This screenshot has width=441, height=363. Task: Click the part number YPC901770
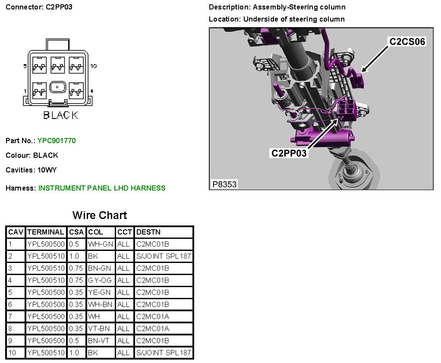[x=57, y=141]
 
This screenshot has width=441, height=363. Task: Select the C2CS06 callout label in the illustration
[x=407, y=41]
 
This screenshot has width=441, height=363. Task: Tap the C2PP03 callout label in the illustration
[x=289, y=153]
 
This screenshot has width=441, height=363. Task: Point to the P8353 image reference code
[x=224, y=184]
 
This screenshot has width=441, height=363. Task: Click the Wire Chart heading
[x=100, y=215]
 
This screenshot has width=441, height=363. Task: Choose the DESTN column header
[x=148, y=232]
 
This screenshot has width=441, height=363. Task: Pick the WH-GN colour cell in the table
[x=100, y=244]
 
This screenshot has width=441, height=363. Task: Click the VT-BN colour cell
[x=99, y=329]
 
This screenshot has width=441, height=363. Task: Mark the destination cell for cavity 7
[x=152, y=316]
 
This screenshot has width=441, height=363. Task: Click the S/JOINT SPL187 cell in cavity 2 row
[x=163, y=256]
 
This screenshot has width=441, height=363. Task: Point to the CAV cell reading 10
[x=12, y=353]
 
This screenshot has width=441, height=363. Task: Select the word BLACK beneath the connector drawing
[x=61, y=115]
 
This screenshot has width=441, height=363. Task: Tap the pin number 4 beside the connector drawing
[x=92, y=91]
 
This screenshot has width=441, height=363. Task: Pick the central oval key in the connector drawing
[x=57, y=87]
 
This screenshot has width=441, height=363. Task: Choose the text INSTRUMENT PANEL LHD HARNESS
[x=102, y=188]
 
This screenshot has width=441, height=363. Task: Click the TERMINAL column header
[x=46, y=232]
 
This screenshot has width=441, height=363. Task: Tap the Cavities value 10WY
[x=47, y=170]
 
